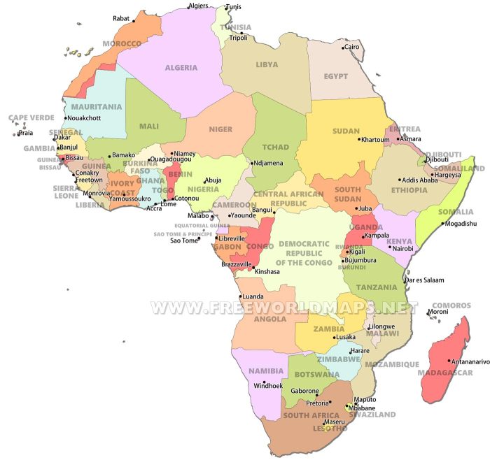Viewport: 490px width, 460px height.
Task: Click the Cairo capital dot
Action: (343, 48)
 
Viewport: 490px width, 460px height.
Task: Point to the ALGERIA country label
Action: (181, 68)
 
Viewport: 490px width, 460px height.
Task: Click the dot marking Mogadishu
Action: (442, 224)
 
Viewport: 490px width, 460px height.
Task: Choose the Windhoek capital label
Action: (267, 386)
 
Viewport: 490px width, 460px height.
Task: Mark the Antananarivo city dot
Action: (449, 361)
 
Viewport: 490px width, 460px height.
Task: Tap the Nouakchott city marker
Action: (65, 118)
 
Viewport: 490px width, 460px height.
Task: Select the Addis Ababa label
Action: (420, 180)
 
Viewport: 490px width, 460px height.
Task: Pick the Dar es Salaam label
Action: (424, 280)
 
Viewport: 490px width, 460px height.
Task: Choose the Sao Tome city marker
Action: (198, 238)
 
